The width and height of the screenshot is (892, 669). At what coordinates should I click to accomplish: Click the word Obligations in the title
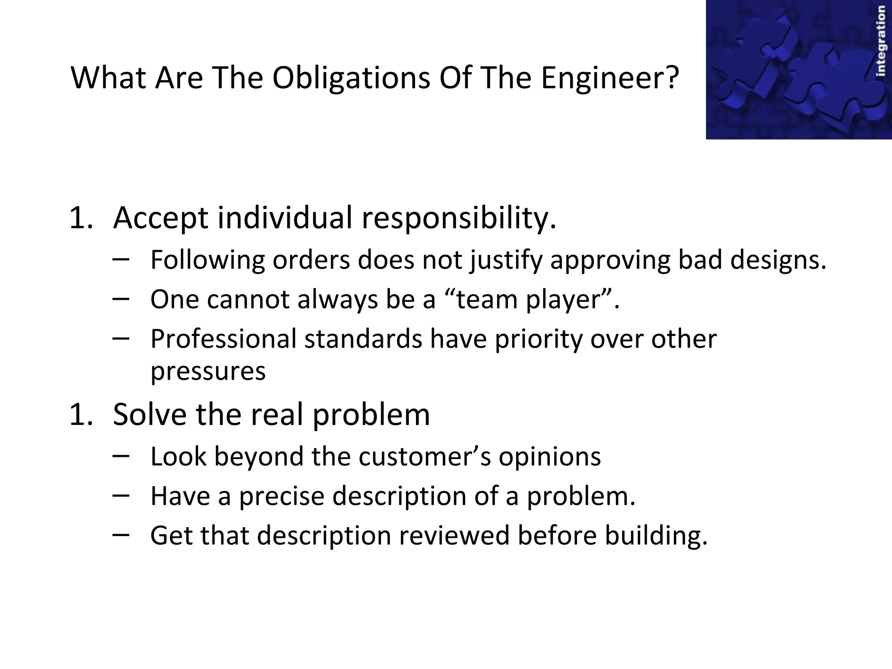pos(351,78)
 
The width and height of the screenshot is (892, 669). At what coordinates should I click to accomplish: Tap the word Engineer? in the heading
pos(610,78)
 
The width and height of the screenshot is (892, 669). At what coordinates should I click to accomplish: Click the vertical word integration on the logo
pos(881,41)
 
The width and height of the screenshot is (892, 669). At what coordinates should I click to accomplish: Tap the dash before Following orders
pos(120,259)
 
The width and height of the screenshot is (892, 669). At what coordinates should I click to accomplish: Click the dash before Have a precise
pos(120,495)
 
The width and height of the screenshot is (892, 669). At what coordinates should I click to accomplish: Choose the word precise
pos(281,497)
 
